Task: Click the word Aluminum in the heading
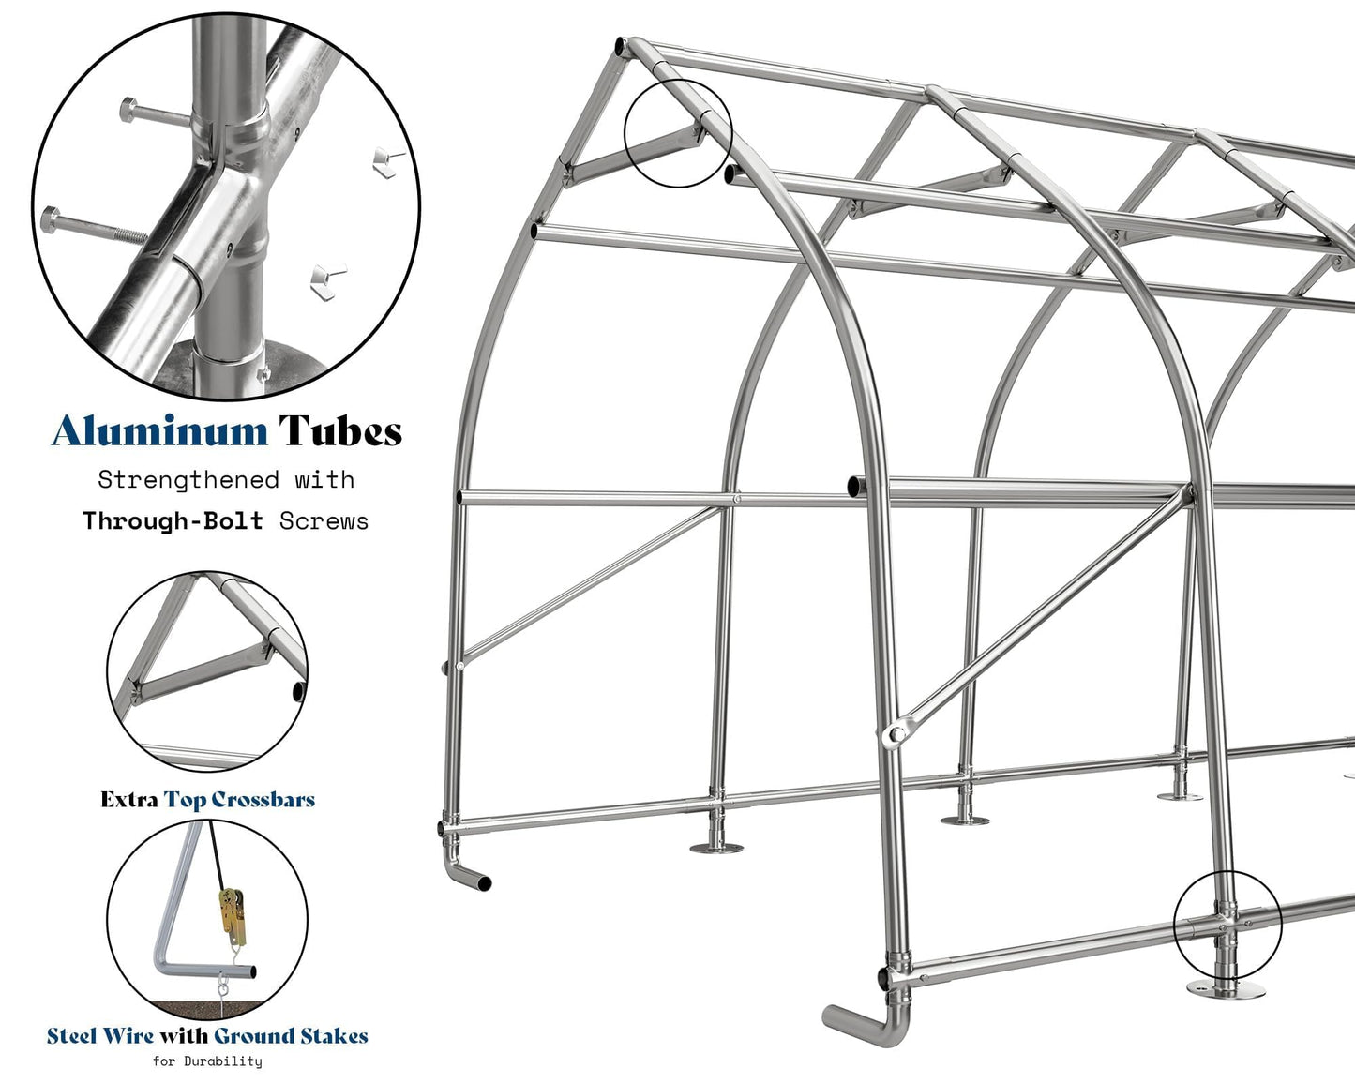[160, 431]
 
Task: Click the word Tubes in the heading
[340, 431]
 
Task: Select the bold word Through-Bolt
[173, 520]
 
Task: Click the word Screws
[324, 521]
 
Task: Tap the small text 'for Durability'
[207, 1061]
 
